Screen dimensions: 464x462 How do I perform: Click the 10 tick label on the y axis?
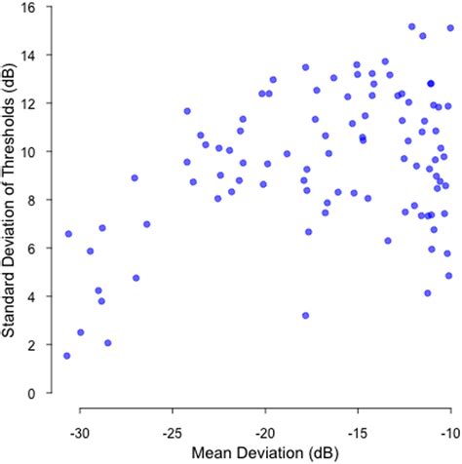click(35, 152)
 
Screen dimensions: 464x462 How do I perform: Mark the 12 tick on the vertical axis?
click(35, 103)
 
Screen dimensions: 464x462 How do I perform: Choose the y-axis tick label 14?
click(35, 55)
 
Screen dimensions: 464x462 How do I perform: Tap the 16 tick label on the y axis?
click(35, 7)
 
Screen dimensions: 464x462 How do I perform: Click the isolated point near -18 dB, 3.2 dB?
click(305, 316)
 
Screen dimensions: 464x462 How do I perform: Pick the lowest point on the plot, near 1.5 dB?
click(67, 356)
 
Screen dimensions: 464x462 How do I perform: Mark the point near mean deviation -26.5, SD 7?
click(146, 224)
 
